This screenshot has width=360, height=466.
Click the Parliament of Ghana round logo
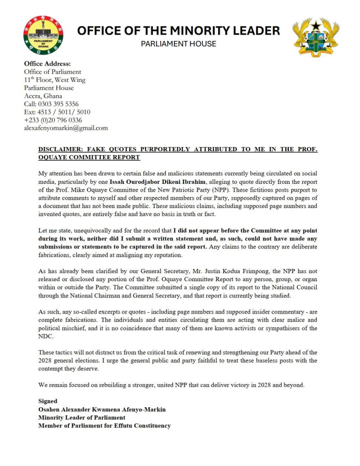click(x=44, y=35)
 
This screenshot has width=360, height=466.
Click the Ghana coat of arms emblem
click(x=316, y=38)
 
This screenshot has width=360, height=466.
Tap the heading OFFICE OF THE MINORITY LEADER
click(x=178, y=31)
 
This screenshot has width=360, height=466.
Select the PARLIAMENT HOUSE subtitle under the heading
click(x=178, y=44)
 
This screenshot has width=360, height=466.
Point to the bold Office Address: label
click(x=47, y=64)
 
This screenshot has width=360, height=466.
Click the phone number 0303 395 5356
click(x=60, y=104)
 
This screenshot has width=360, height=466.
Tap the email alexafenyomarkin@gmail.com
click(x=66, y=128)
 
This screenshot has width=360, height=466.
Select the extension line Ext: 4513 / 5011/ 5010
click(x=57, y=112)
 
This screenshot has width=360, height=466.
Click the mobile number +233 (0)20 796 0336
click(x=53, y=120)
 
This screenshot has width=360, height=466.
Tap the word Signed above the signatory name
click(x=48, y=401)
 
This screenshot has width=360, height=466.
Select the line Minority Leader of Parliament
click(x=81, y=417)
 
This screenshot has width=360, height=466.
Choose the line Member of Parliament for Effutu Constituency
click(x=104, y=425)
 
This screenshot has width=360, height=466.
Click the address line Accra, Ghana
click(x=43, y=96)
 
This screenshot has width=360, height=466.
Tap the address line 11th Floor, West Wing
click(x=55, y=80)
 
